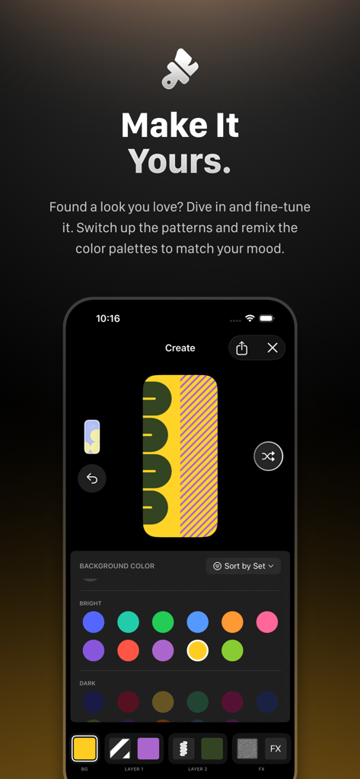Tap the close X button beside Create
(272, 348)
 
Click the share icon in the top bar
(242, 348)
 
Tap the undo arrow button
(92, 479)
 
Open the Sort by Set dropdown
(244, 566)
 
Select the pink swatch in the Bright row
(267, 622)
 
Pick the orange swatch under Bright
(232, 622)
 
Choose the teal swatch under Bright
(128, 622)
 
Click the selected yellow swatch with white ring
(197, 650)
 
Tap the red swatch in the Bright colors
(128, 650)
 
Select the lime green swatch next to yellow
(232, 650)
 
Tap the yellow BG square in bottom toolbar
(84, 749)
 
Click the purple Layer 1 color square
(148, 749)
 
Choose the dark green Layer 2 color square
(212, 749)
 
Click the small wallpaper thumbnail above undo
(92, 437)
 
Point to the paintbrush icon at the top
(180, 68)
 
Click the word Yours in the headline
(180, 161)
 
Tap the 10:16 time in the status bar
(108, 319)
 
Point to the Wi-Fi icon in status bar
(250, 318)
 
